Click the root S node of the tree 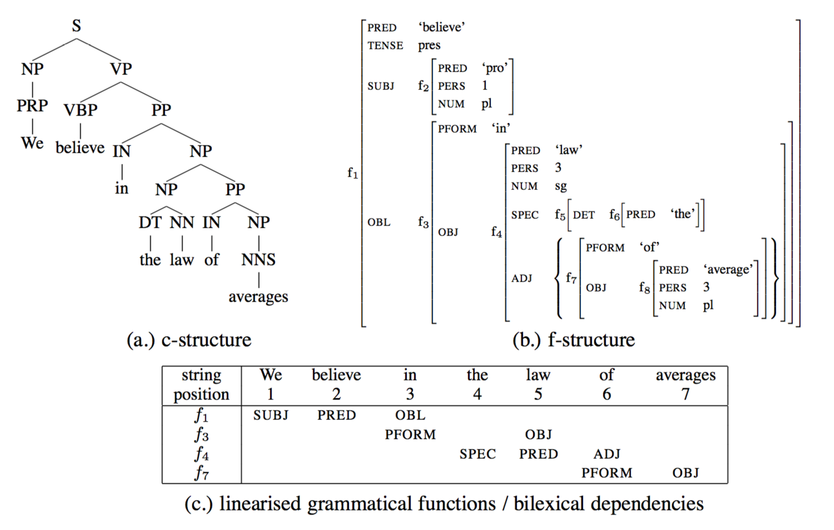[77, 26]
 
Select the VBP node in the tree [81, 110]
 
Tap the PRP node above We [32, 105]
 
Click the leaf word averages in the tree [258, 297]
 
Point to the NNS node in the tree [259, 259]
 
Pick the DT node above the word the [150, 222]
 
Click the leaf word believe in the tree [80, 148]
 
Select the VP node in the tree [121, 69]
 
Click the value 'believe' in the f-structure [441, 27]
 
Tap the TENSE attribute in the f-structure [385, 46]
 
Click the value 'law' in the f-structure [568, 150]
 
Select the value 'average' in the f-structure [728, 270]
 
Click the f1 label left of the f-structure [353, 173]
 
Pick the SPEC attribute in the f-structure [525, 215]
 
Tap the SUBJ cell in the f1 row [271, 415]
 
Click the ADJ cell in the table [607, 454]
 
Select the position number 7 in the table [686, 394]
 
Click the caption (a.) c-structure [189, 339]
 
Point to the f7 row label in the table [201, 473]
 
